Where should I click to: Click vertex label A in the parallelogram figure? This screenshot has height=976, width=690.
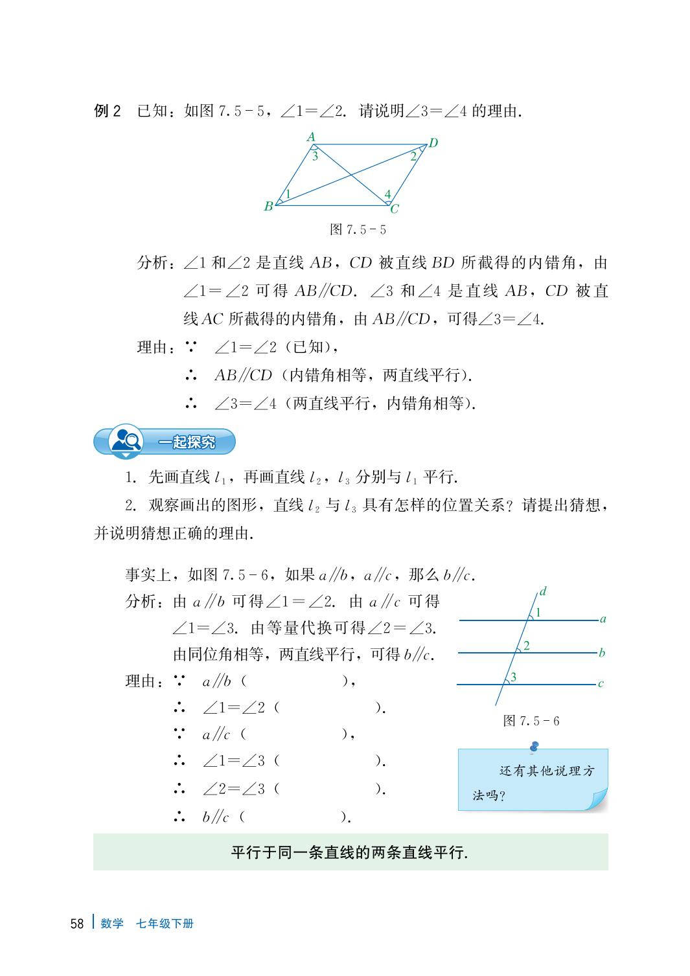coord(311,137)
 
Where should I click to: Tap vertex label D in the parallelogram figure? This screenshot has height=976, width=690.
coord(433,143)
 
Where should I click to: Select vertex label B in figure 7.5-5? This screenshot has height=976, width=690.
coord(268,207)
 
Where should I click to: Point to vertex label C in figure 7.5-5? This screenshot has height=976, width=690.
coord(394,209)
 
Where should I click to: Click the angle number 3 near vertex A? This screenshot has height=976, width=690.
coord(315,156)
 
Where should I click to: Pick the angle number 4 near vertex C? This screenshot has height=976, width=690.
coord(387,194)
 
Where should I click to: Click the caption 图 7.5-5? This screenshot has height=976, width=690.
coord(358,230)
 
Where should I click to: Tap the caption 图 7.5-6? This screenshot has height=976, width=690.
coord(531,721)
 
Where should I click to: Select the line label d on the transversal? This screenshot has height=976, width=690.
coord(543,591)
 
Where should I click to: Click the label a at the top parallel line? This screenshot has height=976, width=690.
coord(603,619)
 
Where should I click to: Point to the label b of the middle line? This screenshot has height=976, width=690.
coord(602,653)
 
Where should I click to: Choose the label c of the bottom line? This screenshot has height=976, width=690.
coord(601,683)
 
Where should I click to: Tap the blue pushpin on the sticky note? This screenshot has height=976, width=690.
coord(534,747)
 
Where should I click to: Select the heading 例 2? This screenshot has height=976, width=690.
coord(108,111)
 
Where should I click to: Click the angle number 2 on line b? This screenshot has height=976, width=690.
coord(527,646)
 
